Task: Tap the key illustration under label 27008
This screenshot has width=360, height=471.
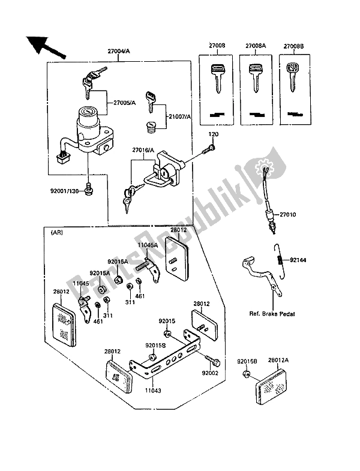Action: pos(213,78)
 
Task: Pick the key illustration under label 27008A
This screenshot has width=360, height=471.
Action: pos(254,78)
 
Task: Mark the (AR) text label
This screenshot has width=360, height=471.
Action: pos(58,232)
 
